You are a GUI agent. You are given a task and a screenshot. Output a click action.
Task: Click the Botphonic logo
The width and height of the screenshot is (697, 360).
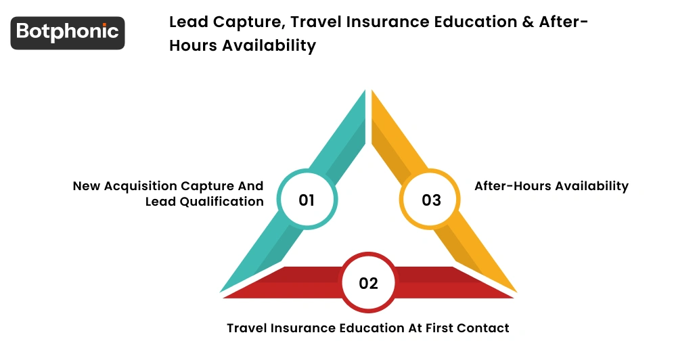[x=68, y=32]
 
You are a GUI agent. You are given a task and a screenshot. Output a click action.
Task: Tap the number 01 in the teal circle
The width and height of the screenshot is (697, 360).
[x=307, y=200]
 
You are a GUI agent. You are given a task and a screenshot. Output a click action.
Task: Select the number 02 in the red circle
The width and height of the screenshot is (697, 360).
[x=368, y=283]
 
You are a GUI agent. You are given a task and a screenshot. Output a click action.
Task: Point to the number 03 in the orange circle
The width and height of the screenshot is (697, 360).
[x=431, y=200]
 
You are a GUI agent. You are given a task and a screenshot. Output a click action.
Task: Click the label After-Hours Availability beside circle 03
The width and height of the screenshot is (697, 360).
[x=552, y=185]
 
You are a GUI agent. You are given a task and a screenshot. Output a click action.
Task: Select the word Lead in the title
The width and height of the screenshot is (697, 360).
[x=186, y=22]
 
